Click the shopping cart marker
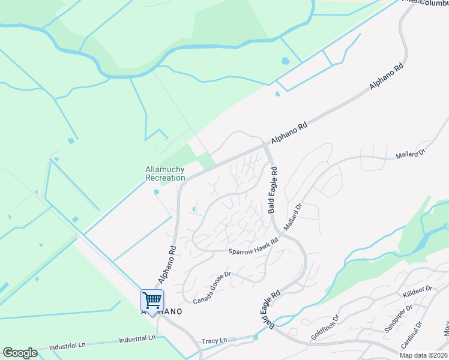click(x=152, y=300)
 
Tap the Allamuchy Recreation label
click(x=165, y=173)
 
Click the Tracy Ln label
click(x=214, y=340)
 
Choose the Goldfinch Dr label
click(x=325, y=327)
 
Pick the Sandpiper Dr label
click(x=398, y=319)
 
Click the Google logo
click(x=20, y=353)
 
